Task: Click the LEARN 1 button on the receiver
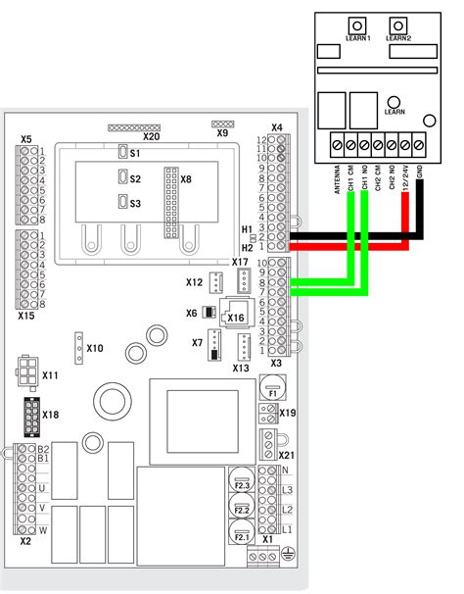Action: pyautogui.click(x=359, y=25)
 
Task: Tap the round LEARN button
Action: pyautogui.click(x=394, y=101)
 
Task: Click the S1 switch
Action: pyautogui.click(x=121, y=152)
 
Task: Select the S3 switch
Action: pyautogui.click(x=121, y=202)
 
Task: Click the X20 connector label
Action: pyautogui.click(x=151, y=137)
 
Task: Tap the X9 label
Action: pyautogui.click(x=222, y=133)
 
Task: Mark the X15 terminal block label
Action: pyautogui.click(x=25, y=317)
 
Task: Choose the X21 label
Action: pyautogui.click(x=286, y=455)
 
